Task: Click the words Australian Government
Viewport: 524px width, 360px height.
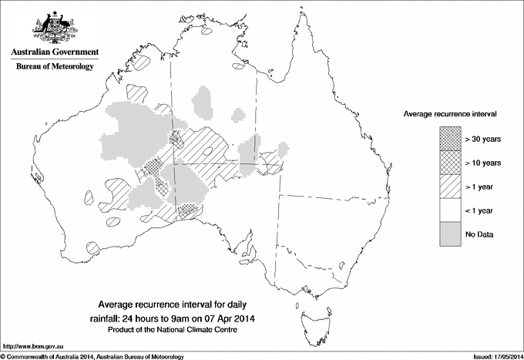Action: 55,52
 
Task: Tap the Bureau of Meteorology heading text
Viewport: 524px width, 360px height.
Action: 55,67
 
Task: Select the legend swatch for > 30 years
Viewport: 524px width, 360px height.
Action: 451,139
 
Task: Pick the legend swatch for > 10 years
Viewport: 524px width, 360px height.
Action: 451,163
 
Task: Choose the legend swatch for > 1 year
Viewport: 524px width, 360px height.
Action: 451,187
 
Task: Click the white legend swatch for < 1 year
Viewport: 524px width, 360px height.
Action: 451,210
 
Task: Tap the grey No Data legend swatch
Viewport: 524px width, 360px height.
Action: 451,234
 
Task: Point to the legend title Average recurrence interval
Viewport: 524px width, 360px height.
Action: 449,113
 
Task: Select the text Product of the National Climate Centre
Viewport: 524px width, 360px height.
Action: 176,330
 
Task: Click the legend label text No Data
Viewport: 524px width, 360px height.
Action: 479,234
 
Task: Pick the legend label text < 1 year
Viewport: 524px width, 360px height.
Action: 480,210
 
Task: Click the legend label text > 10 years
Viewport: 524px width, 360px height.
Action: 483,163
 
